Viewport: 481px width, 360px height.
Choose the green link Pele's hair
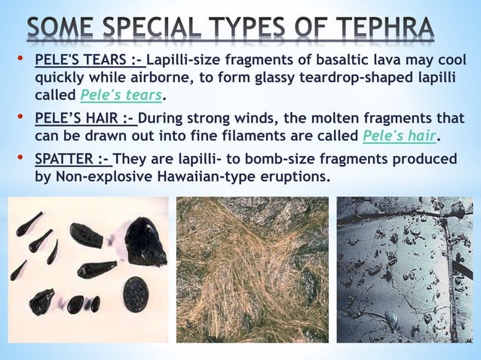coord(400,136)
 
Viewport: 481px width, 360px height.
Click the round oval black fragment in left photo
coord(136,293)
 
